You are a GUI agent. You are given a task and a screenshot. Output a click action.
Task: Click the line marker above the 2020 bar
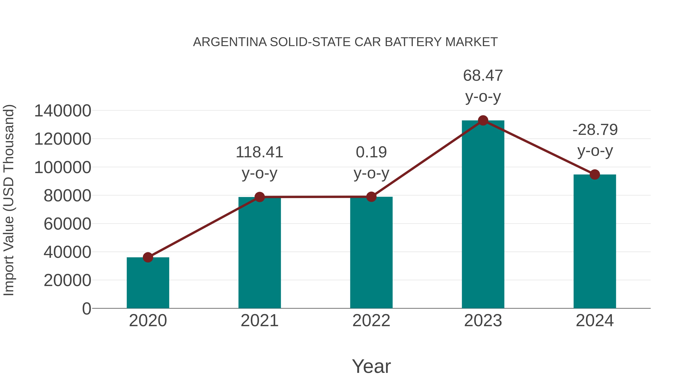click(148, 257)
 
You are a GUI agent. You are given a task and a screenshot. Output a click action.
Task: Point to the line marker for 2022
click(371, 197)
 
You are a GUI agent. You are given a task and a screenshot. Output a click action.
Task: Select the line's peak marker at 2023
click(483, 120)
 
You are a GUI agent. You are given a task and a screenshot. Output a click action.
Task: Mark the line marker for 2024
click(595, 174)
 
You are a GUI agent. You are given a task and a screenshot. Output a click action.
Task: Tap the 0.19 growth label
click(371, 152)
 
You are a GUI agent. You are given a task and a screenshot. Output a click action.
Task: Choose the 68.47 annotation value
click(483, 75)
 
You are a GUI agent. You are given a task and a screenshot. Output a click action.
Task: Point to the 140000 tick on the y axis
click(63, 111)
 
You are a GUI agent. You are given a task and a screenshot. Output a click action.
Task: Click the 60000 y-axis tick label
click(67, 224)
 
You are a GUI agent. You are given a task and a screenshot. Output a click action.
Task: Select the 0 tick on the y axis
click(87, 309)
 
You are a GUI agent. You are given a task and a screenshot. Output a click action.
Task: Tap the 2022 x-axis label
click(371, 321)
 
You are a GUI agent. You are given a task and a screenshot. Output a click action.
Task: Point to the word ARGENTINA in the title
click(230, 42)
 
